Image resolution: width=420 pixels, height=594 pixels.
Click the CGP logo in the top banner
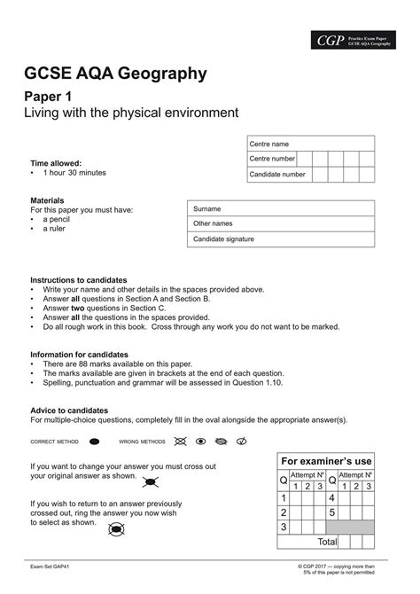330,40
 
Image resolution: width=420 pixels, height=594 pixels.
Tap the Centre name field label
268,144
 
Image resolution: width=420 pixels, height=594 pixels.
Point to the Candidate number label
276,175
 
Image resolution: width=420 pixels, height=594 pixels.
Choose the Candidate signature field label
223,239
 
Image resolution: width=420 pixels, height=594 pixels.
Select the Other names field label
213,223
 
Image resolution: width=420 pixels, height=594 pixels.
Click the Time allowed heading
56,163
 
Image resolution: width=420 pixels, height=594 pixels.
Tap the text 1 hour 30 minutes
74,173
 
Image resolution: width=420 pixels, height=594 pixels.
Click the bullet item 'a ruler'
57,228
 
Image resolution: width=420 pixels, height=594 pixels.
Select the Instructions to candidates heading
79,279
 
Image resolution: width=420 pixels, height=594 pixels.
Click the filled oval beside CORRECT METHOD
94,441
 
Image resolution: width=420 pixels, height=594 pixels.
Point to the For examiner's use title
326,462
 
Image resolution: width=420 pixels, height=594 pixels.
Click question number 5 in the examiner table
331,512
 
